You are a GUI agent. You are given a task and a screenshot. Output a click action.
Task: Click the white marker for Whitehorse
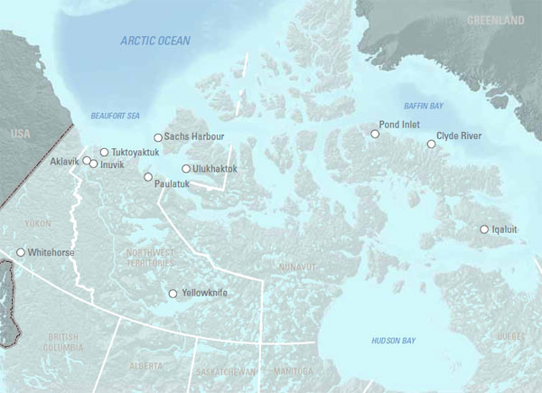(21, 253)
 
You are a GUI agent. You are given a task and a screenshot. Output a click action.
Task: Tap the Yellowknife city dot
(173, 294)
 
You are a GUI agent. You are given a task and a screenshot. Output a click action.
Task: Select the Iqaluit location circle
(484, 229)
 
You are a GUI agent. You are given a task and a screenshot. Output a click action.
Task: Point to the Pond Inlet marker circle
(375, 134)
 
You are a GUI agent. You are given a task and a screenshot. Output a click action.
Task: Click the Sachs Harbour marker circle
(158, 137)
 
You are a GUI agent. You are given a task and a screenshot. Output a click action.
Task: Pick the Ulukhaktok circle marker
(186, 169)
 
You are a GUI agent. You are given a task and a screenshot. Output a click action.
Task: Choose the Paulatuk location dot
(148, 177)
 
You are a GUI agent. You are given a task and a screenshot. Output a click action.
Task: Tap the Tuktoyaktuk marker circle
(104, 153)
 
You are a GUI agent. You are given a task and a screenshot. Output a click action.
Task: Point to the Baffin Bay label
(423, 107)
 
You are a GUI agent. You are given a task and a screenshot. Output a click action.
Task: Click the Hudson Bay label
(394, 340)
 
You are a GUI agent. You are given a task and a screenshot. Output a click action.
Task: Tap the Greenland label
(495, 18)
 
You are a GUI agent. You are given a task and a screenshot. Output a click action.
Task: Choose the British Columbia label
(61, 342)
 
